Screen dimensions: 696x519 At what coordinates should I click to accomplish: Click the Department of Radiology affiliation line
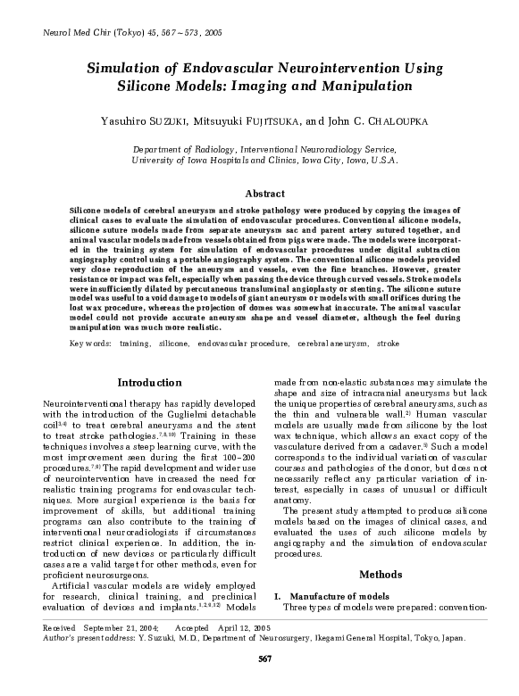pyautogui.click(x=263, y=150)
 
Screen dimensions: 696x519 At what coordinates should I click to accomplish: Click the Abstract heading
pyautogui.click(x=264, y=193)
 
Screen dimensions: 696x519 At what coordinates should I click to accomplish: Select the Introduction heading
pyautogui.click(x=149, y=383)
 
